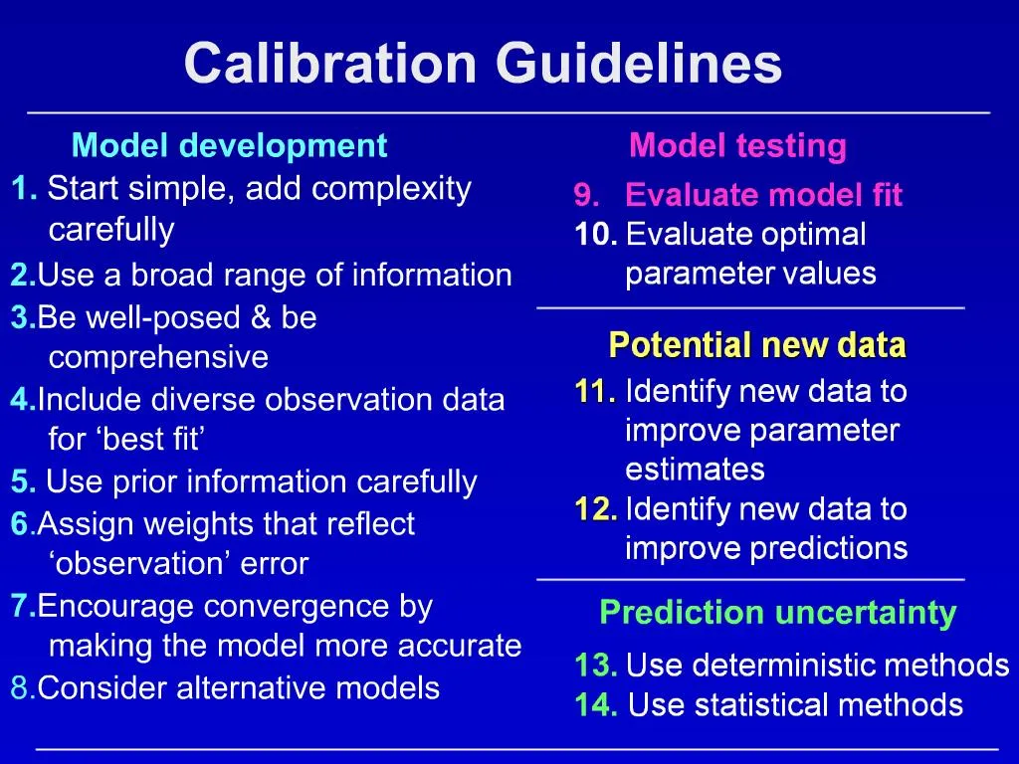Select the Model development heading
pos(229,146)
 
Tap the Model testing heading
pos(737,146)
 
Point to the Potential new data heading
pos(756,346)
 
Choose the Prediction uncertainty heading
pos(777,613)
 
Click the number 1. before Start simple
pos(25,188)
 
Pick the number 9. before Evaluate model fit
pos(587,196)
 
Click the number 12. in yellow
pos(596,509)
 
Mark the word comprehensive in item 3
pos(158,357)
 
